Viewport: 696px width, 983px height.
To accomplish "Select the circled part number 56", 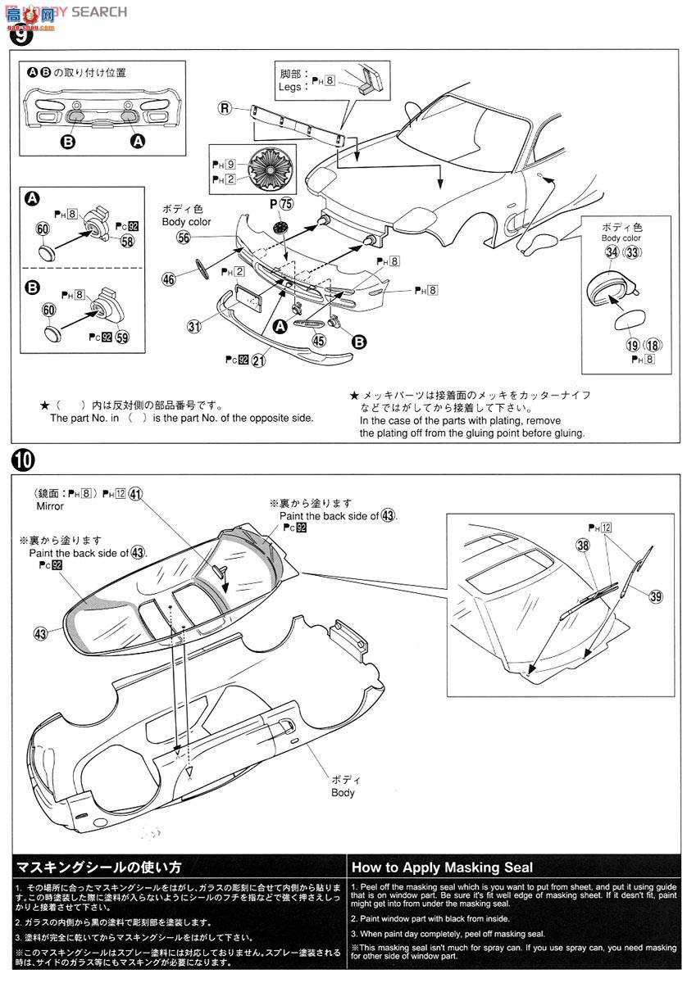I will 183,237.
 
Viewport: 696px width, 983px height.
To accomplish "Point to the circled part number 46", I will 169,279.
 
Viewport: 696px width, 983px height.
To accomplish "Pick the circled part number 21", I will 259,360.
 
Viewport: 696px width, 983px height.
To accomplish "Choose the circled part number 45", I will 317,342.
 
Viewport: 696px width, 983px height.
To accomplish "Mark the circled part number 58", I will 127,240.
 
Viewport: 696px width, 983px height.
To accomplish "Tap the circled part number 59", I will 122,337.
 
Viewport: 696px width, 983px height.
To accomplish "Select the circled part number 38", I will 583,544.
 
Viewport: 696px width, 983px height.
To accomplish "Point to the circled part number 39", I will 655,596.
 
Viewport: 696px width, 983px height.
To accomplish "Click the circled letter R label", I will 224,108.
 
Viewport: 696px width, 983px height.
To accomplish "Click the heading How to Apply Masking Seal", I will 442,867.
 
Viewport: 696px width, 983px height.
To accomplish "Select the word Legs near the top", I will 290,86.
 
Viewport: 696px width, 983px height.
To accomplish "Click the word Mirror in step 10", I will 49,506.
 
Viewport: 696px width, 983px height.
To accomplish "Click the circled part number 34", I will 612,252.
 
